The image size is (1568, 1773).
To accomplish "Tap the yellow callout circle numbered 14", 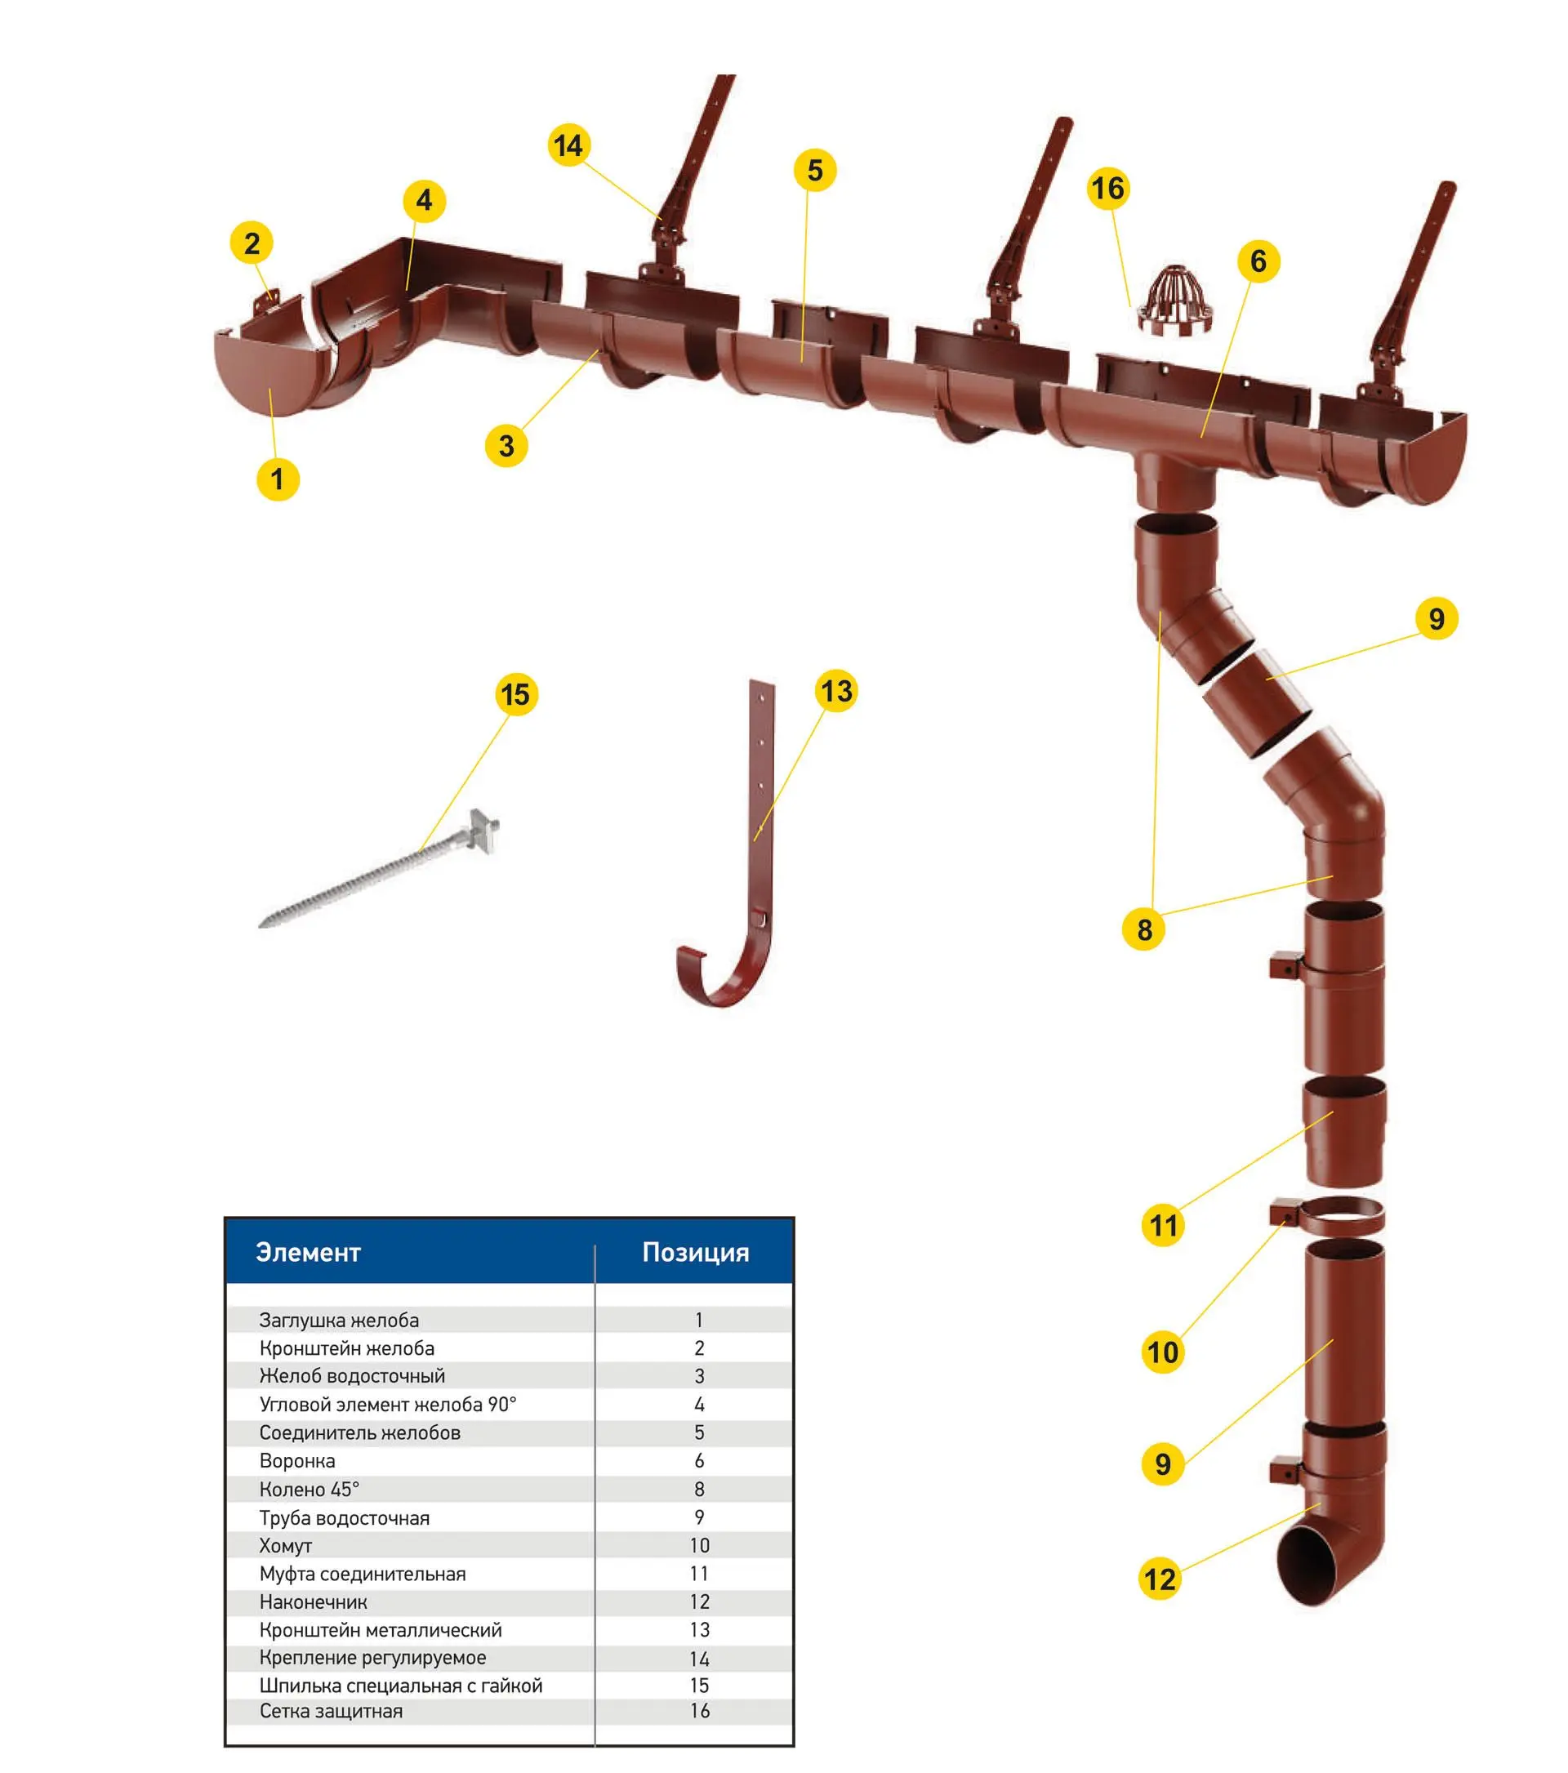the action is click(569, 145).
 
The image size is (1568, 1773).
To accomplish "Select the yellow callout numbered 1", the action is click(278, 479).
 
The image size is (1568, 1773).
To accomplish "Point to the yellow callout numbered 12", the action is click(1160, 1579).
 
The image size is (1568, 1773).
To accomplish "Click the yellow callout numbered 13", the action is click(836, 692).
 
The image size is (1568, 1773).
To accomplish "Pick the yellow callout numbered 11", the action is click(1163, 1226).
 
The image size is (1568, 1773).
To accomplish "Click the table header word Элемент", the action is click(308, 1253).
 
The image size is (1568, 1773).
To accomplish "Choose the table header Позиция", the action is click(696, 1253).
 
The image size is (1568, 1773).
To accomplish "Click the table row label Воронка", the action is click(297, 1461).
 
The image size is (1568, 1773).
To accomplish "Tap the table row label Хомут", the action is click(285, 1546).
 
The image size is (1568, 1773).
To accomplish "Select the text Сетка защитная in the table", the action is click(332, 1712).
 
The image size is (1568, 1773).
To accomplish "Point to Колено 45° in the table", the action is click(309, 1490).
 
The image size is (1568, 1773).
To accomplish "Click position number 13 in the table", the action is click(699, 1630).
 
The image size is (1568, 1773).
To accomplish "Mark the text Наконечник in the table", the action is click(313, 1602).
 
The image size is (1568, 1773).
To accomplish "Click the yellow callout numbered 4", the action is click(424, 200).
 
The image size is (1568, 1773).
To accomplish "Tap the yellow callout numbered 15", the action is click(516, 695).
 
